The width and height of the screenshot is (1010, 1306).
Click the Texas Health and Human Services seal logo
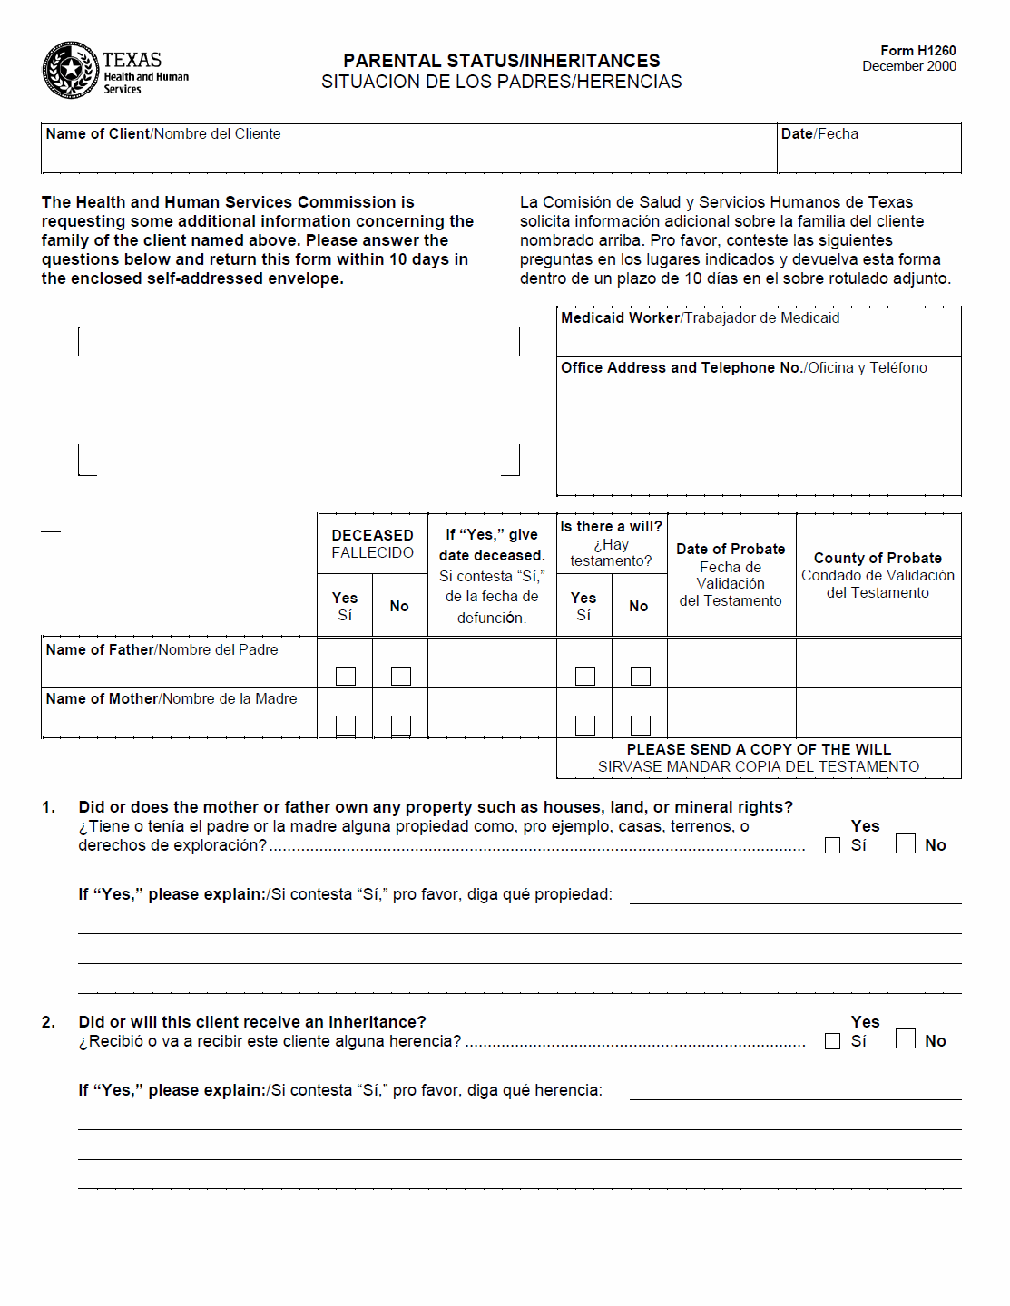coord(70,70)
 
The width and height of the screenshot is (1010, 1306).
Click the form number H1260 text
coord(917,51)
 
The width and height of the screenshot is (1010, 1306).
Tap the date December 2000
coord(908,66)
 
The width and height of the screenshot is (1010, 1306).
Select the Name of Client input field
coord(408,154)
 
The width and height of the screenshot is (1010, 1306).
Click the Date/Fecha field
coord(868,154)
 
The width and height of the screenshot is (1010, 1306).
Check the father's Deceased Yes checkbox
coord(346,676)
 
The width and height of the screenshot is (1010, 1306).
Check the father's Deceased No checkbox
coord(401,676)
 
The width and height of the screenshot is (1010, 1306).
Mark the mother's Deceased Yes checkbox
coord(346,725)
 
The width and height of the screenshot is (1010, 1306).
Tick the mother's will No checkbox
coord(641,725)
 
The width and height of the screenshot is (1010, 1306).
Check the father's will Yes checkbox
coord(585,676)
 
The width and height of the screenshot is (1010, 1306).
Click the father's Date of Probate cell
coord(731,664)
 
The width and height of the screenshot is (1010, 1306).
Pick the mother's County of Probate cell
coord(878,713)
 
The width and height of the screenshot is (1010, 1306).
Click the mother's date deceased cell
coord(492,713)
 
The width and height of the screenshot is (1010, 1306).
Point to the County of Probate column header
coord(878,575)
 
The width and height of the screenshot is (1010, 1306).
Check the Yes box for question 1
coord(832,845)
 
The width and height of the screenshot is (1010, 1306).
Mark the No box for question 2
coord(906,1039)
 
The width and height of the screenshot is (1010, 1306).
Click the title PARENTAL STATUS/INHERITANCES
coord(501,61)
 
